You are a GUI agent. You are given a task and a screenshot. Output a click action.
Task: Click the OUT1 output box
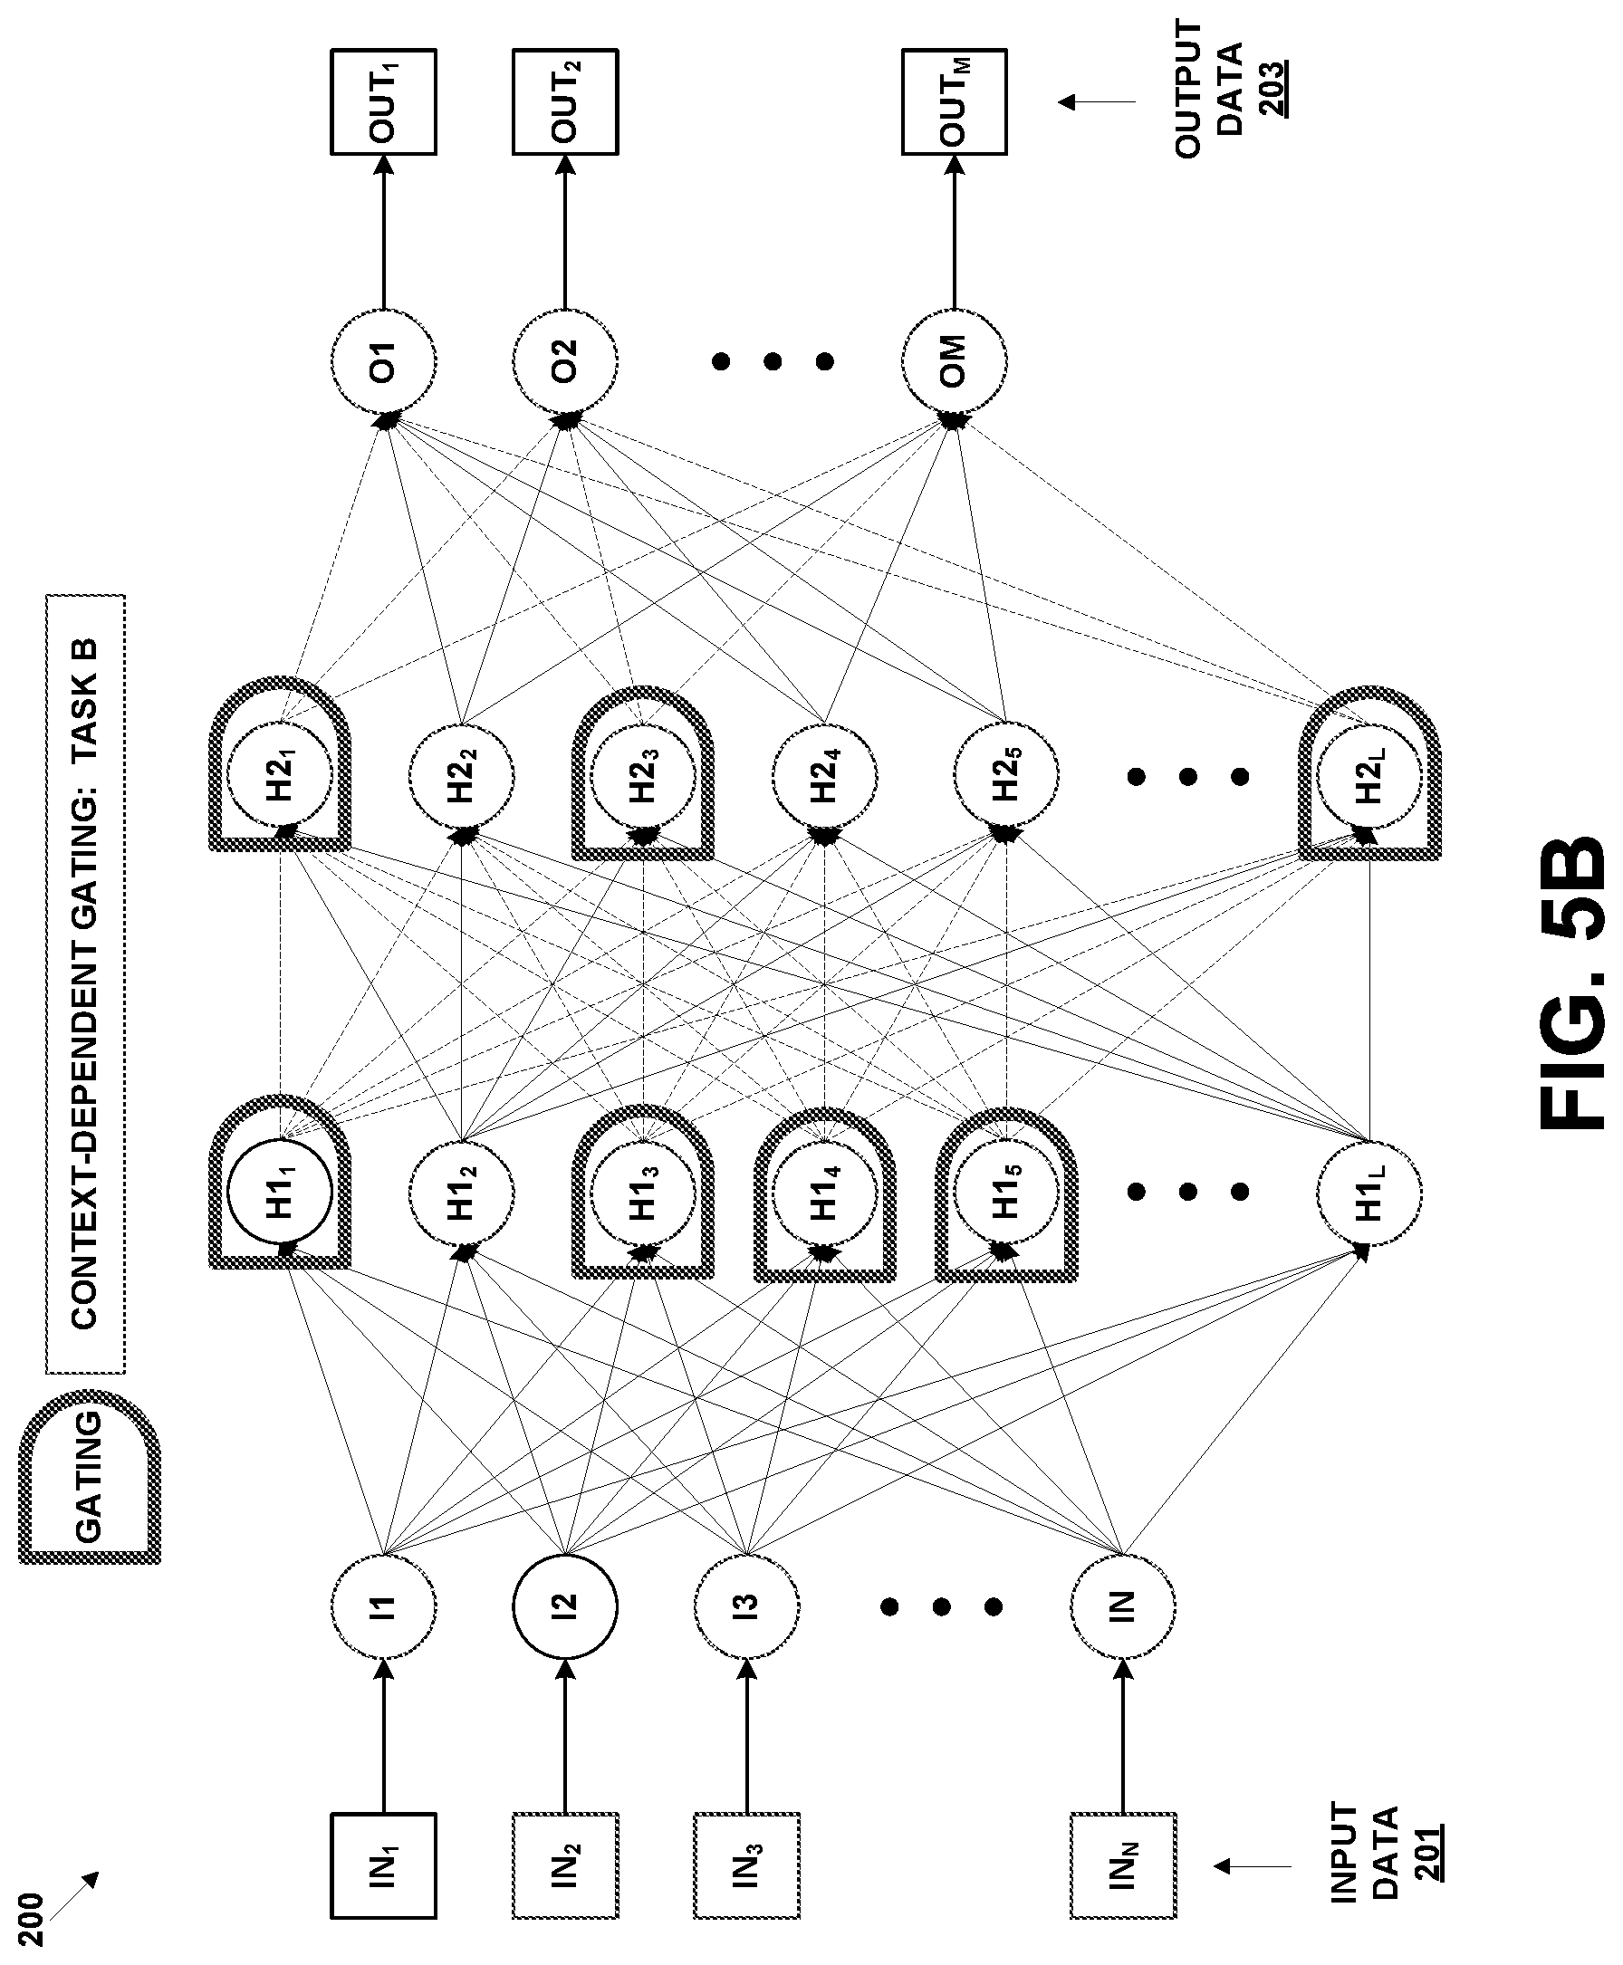[383, 101]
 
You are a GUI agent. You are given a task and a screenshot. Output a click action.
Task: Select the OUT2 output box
[564, 101]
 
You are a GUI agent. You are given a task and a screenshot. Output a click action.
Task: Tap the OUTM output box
[954, 101]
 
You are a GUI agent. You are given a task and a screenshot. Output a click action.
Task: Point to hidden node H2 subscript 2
[462, 776]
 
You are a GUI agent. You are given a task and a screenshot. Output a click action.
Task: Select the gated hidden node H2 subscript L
[1369, 776]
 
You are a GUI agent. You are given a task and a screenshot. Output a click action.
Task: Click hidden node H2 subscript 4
[824, 776]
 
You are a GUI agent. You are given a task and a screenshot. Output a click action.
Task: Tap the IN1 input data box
[383, 1866]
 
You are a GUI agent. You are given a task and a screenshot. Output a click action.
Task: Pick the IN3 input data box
[746, 1866]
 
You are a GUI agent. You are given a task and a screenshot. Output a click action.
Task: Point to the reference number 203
[1272, 89]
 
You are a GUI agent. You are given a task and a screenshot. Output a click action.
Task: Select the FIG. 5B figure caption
[1572, 982]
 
